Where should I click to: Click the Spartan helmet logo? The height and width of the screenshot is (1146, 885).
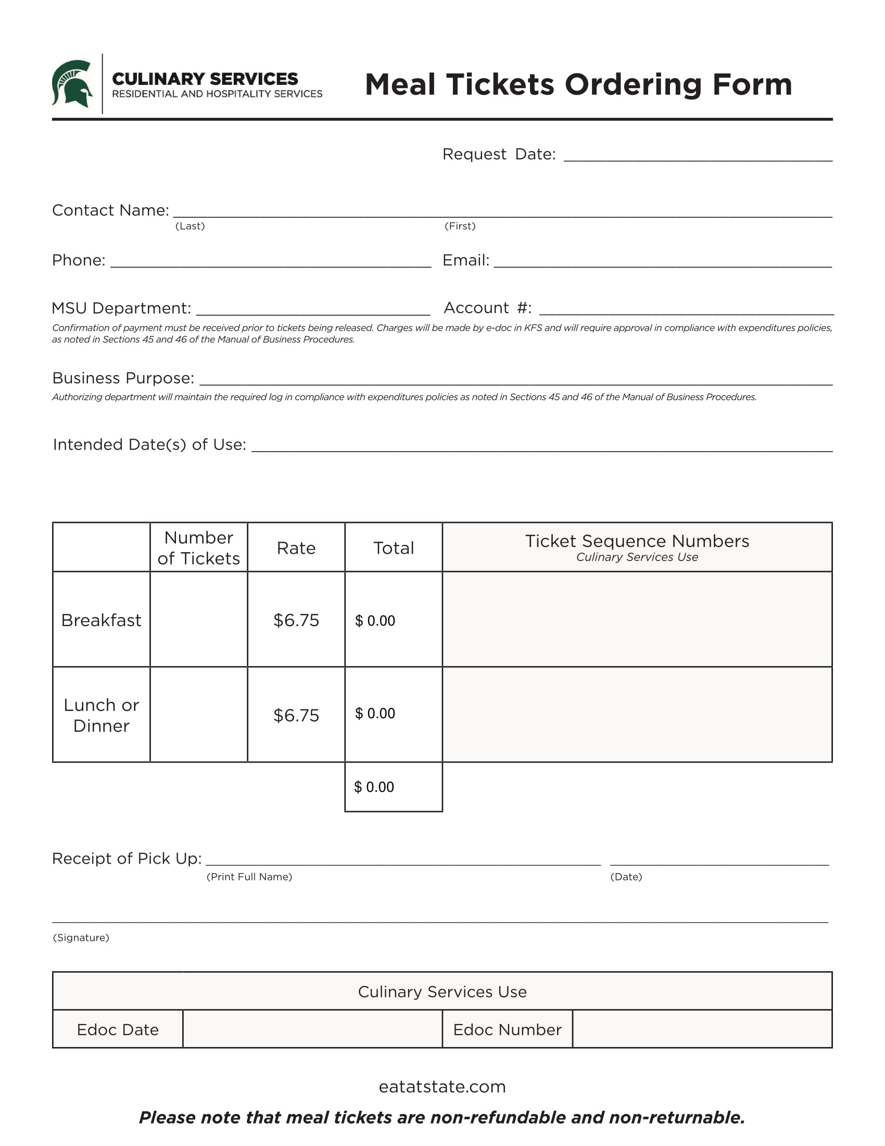point(72,83)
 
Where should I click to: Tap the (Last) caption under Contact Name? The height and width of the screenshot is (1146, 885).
point(190,226)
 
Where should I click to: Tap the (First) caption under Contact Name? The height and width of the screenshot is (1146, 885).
point(460,226)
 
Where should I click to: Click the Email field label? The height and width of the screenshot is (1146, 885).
point(465,260)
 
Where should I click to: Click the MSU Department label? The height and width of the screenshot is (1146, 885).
point(121,308)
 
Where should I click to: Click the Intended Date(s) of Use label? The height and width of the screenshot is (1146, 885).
point(149,444)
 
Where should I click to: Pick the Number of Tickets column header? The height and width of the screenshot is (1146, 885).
point(199,547)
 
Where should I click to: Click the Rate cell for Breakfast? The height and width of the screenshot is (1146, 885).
point(296,620)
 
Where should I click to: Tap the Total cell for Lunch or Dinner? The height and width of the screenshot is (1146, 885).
point(393,714)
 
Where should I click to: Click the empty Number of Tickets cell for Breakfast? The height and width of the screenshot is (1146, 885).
point(199,619)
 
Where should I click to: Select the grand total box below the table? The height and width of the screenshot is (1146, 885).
point(393,787)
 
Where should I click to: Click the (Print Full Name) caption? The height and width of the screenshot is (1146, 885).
point(249,877)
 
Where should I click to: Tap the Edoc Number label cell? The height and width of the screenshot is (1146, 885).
point(507,1029)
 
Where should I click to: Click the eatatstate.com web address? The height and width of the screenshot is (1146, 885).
point(442,1086)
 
